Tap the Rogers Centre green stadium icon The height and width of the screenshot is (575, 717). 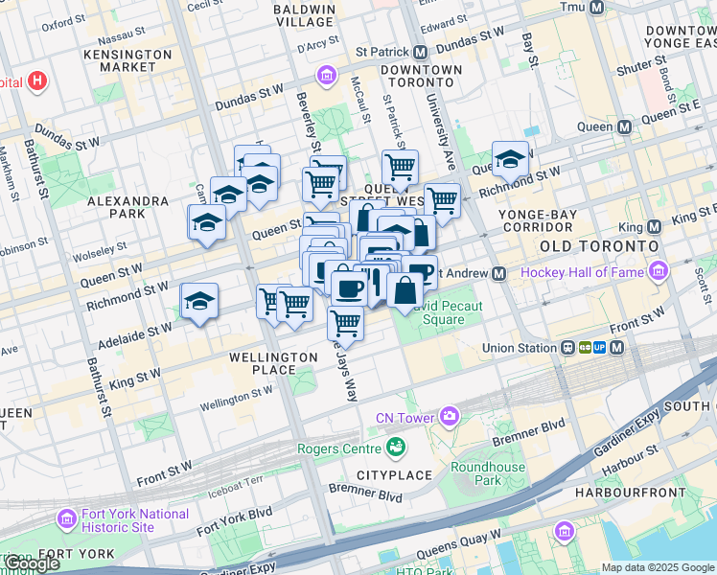(x=395, y=447)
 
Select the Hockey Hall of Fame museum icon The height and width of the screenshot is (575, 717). (x=658, y=273)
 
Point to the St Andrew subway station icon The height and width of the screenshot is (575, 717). (x=498, y=273)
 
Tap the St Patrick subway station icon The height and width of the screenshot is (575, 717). (x=420, y=52)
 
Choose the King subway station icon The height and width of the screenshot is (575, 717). (x=655, y=227)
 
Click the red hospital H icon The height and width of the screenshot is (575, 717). (x=37, y=80)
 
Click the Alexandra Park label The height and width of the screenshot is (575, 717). (x=128, y=207)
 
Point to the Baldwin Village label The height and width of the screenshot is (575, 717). (x=305, y=15)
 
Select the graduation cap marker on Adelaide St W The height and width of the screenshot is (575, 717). (x=200, y=302)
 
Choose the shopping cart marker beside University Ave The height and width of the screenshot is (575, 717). (x=442, y=201)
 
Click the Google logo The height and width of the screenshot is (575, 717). (x=33, y=563)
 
